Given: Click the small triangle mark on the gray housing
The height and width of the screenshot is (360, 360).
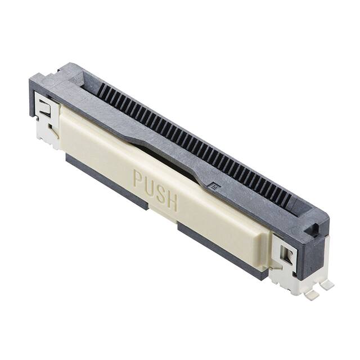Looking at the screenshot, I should (x=213, y=184).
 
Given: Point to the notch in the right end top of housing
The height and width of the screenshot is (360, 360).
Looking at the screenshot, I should (x=314, y=227).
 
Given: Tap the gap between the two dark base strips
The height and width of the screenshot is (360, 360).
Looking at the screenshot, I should (x=163, y=217).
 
